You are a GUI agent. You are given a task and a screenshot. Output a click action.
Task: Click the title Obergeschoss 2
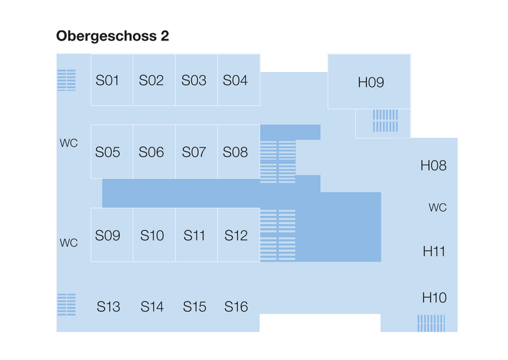[113, 36]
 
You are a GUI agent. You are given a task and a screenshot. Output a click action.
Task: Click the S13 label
[108, 307]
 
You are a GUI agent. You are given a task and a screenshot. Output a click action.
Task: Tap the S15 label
[195, 307]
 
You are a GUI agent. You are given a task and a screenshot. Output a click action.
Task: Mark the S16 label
[236, 307]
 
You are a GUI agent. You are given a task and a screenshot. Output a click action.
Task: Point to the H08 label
[433, 165]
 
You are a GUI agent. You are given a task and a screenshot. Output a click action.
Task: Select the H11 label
[434, 251]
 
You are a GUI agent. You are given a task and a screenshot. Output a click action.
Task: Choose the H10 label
[434, 298]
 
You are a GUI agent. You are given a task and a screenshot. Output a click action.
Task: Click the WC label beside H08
[437, 208]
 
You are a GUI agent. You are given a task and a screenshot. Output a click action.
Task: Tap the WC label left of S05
[68, 143]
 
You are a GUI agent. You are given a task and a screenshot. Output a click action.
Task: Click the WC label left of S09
[68, 243]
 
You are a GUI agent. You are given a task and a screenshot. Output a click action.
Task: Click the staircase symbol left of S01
[67, 80]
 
